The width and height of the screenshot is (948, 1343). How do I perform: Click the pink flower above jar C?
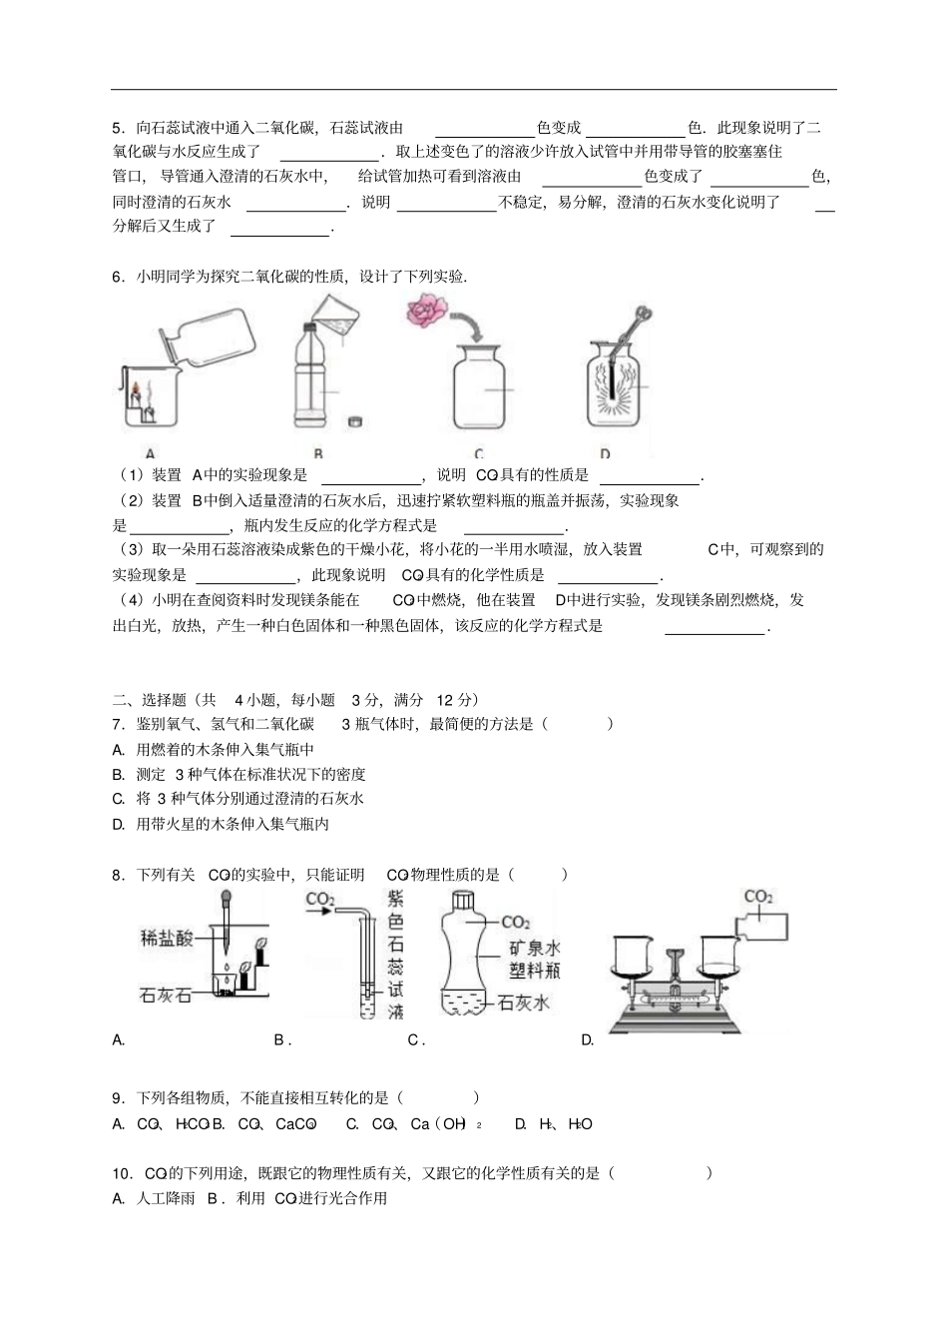point(427,311)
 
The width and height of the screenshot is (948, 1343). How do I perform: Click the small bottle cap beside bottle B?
point(353,421)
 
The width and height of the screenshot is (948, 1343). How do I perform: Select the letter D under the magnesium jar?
point(606,453)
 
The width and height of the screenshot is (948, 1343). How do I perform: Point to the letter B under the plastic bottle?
point(318,453)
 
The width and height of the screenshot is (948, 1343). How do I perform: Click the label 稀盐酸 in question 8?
point(167,938)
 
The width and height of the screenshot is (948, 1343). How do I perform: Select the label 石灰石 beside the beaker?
point(165,995)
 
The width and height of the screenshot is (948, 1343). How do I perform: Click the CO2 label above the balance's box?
point(758,897)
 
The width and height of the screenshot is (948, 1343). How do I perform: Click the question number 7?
point(118,724)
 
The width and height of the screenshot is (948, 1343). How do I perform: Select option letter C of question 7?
point(118,799)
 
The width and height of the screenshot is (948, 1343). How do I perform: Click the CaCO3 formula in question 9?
point(296,1124)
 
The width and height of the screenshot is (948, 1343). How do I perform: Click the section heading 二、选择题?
point(150,700)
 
